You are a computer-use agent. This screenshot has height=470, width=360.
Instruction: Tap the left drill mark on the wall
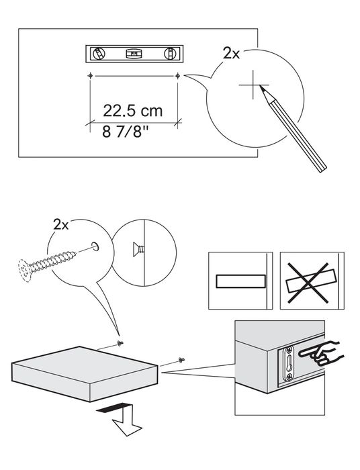pyautogui.click(x=90, y=75)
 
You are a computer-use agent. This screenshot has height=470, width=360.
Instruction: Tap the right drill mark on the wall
pyautogui.click(x=177, y=75)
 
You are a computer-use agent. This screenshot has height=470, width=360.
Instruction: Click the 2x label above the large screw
pyautogui.click(x=61, y=225)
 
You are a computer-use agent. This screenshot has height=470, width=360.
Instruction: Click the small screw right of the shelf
pyautogui.click(x=181, y=359)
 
